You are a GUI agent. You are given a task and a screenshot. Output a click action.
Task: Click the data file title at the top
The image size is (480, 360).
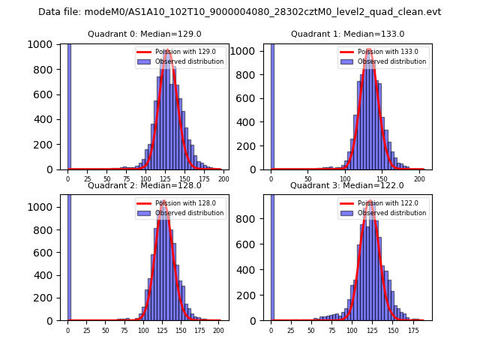tap(239, 12)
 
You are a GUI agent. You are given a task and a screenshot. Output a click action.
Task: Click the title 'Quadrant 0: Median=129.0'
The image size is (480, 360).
tap(144, 34)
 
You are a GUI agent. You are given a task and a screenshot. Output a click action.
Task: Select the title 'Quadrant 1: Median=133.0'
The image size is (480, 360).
tap(347, 34)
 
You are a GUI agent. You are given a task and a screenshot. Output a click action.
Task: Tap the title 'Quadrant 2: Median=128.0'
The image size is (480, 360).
tap(144, 185)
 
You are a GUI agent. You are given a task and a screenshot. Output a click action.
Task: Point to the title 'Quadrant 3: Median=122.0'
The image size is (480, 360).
tap(347, 185)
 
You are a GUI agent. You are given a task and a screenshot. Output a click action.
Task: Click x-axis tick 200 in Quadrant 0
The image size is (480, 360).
tap(223, 179)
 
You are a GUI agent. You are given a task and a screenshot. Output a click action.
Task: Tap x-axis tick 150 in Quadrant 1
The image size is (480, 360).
tap(382, 179)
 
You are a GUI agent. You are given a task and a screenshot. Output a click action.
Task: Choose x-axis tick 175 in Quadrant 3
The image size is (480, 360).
tap(413, 330)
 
